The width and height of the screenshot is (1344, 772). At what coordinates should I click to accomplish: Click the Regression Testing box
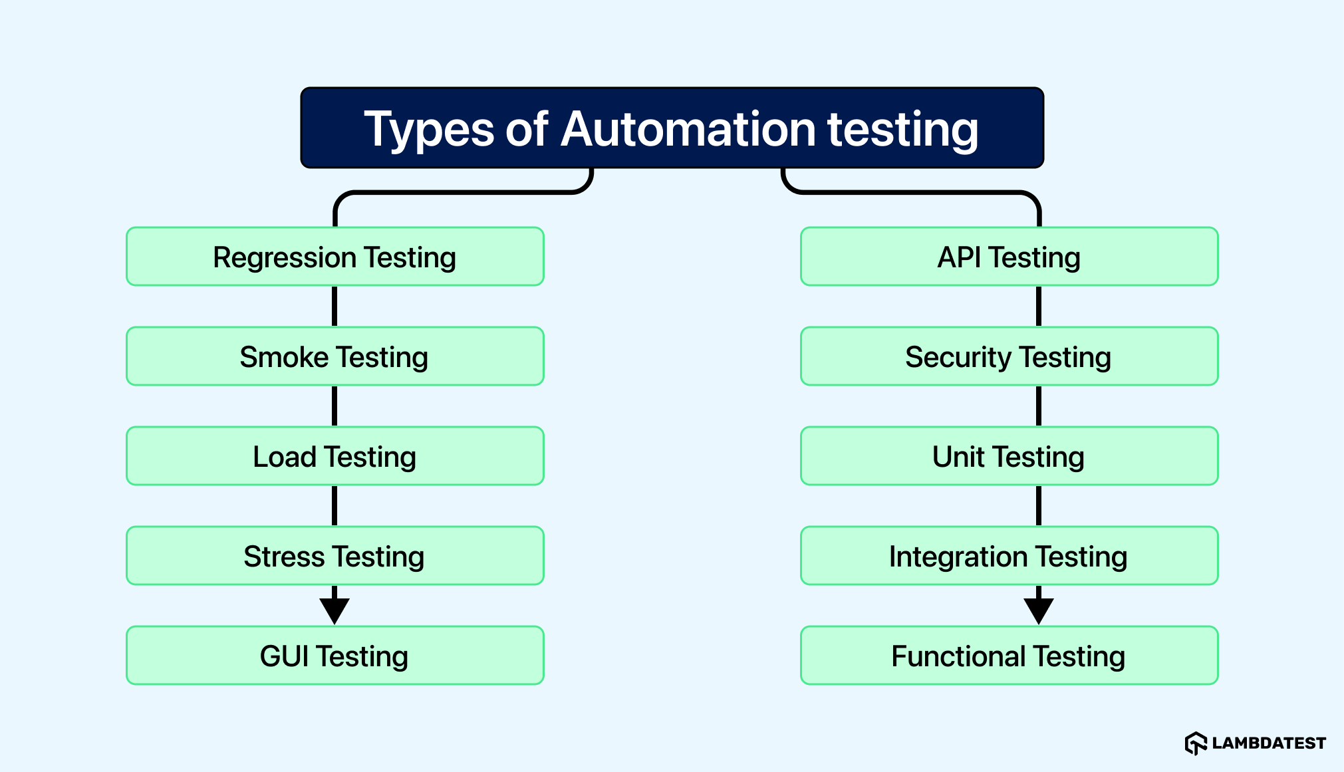coord(335,257)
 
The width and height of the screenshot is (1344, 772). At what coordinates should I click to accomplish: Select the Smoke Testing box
coord(335,356)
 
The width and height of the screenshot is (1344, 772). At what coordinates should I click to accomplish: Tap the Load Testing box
coord(335,456)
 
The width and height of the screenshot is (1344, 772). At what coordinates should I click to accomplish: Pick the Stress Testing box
coord(335,556)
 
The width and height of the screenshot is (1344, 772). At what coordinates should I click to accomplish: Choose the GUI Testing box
coord(335,656)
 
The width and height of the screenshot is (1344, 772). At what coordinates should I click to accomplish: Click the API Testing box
coord(1009,257)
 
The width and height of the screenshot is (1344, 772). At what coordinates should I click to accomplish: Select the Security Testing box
coord(1009,356)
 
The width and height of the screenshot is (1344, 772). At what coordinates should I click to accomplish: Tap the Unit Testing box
coord(1009,456)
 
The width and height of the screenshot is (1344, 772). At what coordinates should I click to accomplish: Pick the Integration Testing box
coord(1009,556)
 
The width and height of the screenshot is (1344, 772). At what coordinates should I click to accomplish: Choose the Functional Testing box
coord(1009,656)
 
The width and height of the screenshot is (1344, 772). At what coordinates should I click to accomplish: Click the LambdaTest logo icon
coord(1195,743)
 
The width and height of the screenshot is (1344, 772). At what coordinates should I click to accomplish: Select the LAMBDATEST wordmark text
coord(1269,743)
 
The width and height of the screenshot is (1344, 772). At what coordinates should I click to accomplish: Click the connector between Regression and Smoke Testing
coord(335,306)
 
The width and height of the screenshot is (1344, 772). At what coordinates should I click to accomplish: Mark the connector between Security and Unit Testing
coord(1038,406)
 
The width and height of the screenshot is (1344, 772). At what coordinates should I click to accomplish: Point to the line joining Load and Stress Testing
coord(335,505)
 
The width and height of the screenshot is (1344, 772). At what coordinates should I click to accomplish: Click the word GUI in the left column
coord(284,656)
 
